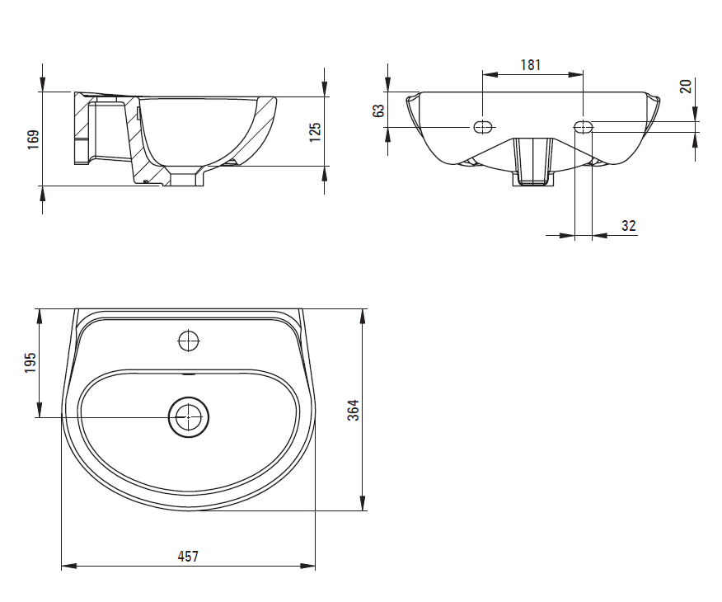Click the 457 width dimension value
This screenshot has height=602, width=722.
188,557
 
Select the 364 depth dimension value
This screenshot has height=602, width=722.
353,410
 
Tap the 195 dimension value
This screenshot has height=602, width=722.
30,363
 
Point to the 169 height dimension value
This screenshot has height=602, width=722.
33,139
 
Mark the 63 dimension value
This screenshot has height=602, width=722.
379,111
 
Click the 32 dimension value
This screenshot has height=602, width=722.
629,225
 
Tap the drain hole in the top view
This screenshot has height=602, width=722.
190,417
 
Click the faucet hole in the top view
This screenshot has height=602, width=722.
189,339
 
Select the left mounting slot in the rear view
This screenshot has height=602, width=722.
482,127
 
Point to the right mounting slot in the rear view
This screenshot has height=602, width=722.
584,127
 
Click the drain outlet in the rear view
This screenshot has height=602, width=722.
532,161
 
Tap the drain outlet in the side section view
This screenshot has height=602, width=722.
185,176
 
